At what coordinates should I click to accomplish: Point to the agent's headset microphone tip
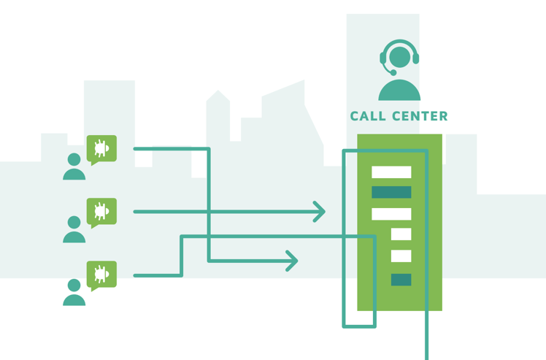point(393,73)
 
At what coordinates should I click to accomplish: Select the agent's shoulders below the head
point(399,91)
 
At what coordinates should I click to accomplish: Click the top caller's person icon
point(74,167)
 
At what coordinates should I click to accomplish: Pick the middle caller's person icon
point(74,229)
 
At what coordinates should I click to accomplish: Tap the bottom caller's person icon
point(74,292)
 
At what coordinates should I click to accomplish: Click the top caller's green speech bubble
point(101,149)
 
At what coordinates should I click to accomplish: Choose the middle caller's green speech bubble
point(101,212)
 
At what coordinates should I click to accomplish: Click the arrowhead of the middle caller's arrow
point(320,212)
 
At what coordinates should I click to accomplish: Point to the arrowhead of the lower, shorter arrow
point(293,261)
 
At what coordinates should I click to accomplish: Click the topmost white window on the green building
point(391,172)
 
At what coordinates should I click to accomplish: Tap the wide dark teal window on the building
point(391,192)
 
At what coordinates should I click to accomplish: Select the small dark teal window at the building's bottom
point(401,280)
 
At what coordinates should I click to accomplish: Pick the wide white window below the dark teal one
point(391,214)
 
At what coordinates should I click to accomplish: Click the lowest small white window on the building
point(401,256)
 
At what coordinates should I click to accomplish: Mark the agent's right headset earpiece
point(416,58)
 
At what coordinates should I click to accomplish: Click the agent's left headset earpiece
point(382,58)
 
